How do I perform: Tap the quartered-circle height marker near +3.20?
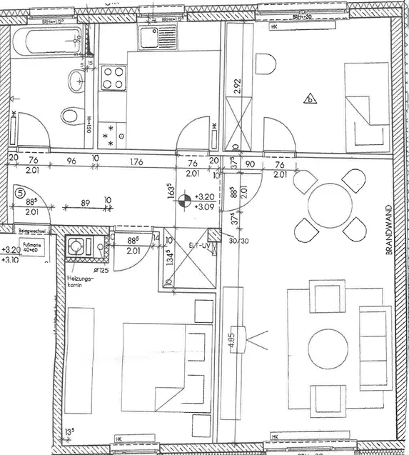coord(183,201)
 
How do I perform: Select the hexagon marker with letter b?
coord(309,99)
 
